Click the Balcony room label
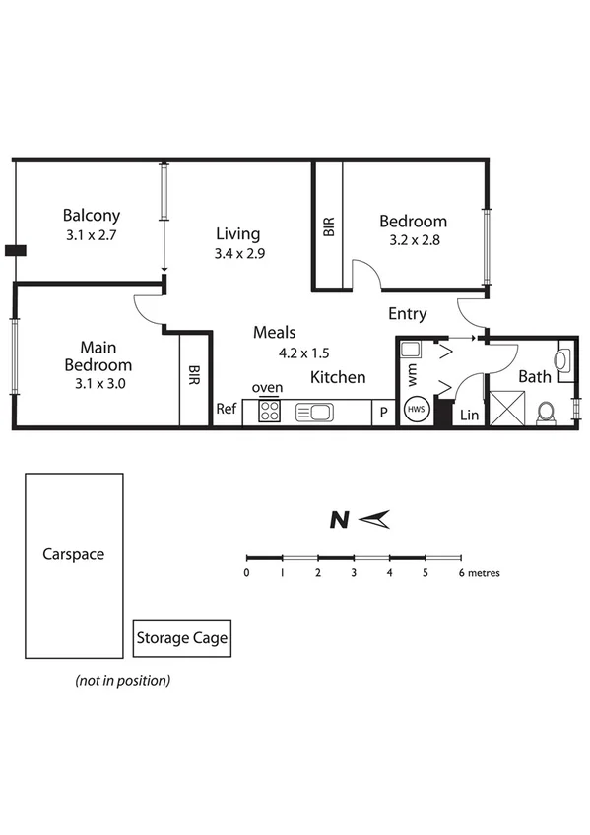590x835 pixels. coord(91,216)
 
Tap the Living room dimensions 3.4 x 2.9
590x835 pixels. coord(239,253)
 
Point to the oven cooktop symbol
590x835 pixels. coord(269,412)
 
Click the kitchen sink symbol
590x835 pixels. coord(318,412)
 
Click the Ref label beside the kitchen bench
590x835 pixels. coord(227,409)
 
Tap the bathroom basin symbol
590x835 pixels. coord(563,361)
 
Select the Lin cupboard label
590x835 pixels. coord(470,416)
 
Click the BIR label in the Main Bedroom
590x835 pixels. coord(195,376)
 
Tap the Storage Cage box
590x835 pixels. coord(181,638)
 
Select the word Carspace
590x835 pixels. coord(73,554)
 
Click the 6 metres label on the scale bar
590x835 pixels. coord(479,572)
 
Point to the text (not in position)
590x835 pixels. coord(123,680)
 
